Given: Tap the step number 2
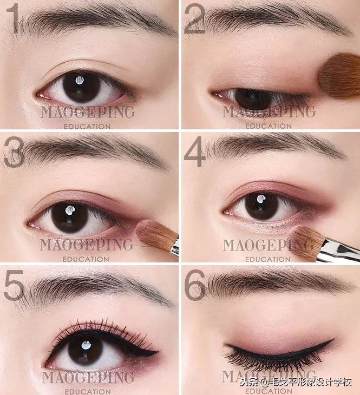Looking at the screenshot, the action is (x=194, y=19).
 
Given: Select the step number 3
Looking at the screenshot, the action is (x=14, y=152).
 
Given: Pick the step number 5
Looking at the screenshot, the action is (x=14, y=285).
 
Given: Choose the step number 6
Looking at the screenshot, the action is (x=195, y=285).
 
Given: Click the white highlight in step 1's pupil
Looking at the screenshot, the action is (x=80, y=81).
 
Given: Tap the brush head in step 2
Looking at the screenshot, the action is (x=339, y=76).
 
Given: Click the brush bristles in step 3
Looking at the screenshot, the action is (x=154, y=234).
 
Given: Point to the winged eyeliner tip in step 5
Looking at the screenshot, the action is (x=158, y=351).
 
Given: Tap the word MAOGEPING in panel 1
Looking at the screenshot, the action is (x=88, y=112).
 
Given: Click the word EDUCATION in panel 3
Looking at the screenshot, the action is (x=86, y=259).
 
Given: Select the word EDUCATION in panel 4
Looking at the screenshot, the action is (x=268, y=259).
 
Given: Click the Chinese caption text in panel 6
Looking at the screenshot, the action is (x=296, y=383).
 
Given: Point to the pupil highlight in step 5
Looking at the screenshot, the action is (x=86, y=345).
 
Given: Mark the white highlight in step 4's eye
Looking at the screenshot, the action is (x=261, y=199).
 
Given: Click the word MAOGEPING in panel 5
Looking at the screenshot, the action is (x=88, y=378).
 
